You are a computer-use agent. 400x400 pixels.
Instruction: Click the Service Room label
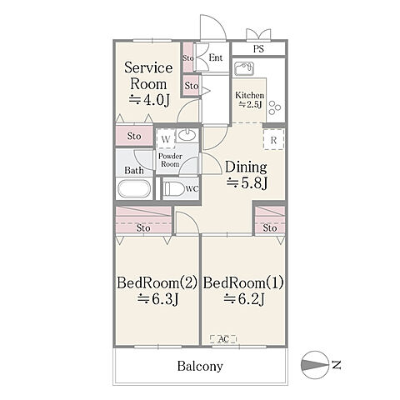(148, 76)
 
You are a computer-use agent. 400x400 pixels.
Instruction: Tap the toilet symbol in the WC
(174, 189)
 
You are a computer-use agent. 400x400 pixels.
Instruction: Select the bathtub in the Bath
(134, 188)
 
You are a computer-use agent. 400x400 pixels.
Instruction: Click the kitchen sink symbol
(244, 68)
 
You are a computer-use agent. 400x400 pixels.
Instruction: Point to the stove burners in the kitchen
(275, 107)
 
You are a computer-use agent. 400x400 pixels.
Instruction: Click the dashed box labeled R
(273, 140)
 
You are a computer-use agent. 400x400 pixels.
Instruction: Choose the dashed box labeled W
(166, 139)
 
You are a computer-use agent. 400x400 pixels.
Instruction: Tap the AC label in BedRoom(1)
(223, 339)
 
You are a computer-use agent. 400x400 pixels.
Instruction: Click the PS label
(258, 49)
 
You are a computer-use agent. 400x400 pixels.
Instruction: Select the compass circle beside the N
(313, 365)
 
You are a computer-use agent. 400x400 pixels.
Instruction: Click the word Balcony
(200, 367)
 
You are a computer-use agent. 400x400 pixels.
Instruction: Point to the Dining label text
(246, 167)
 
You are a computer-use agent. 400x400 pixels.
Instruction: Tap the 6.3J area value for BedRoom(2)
(158, 299)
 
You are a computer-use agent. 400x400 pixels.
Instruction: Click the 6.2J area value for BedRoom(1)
(244, 299)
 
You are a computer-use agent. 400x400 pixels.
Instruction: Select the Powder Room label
(170, 160)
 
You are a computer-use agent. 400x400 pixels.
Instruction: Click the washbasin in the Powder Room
(187, 135)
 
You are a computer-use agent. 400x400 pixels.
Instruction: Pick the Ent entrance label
(216, 57)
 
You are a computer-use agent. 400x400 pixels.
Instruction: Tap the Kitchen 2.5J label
(249, 99)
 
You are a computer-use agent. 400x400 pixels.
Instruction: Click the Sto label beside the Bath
(134, 136)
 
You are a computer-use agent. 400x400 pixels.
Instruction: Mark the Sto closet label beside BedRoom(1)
(270, 228)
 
